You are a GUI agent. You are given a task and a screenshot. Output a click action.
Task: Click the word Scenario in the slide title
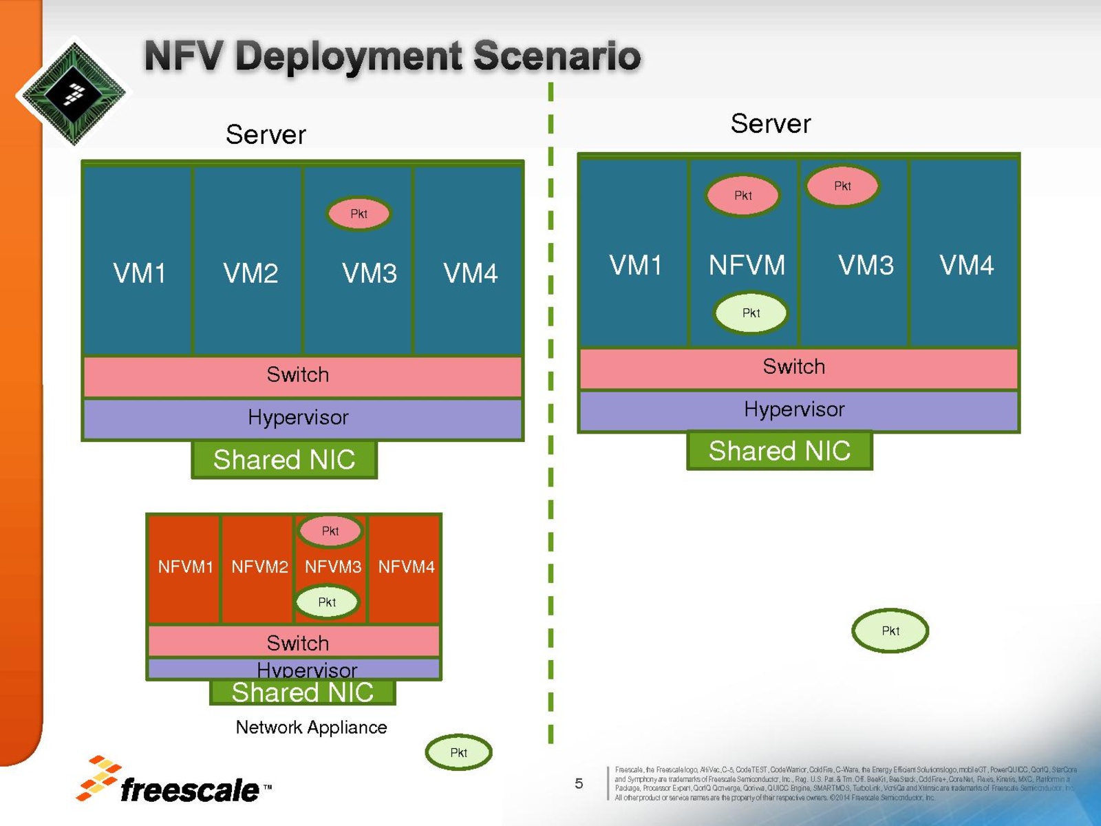[557, 56]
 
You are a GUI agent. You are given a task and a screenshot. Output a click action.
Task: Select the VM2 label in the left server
[250, 273]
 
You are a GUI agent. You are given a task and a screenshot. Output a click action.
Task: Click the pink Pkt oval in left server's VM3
[359, 213]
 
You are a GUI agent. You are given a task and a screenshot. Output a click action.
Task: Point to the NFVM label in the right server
[747, 265]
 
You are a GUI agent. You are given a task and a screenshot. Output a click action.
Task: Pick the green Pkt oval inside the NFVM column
[751, 313]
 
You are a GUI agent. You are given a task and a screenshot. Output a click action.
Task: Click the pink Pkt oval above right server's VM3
[842, 186]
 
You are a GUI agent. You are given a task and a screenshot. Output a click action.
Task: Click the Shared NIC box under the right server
[780, 451]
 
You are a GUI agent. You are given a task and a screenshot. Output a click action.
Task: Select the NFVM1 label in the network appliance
[185, 567]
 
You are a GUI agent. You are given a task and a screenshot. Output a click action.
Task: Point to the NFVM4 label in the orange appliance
[406, 567]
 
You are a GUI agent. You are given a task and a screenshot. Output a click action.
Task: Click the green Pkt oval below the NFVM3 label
[327, 602]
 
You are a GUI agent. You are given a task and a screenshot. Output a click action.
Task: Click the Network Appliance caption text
[311, 728]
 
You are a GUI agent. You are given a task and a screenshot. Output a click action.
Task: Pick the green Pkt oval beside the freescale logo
[458, 752]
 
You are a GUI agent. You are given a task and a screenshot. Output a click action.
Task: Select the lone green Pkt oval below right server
[890, 631]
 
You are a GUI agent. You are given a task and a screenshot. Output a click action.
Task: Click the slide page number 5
[579, 783]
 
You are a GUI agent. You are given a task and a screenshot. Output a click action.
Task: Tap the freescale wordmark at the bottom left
[189, 790]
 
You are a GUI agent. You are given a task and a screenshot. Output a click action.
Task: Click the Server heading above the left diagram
[266, 135]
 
